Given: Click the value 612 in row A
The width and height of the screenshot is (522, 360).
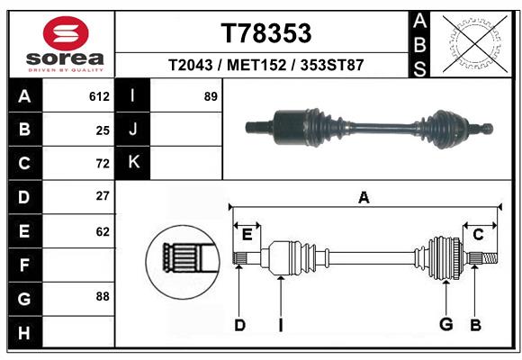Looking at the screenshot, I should pyautogui.click(x=99, y=96).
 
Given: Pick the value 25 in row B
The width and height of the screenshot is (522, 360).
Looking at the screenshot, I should pyautogui.click(x=103, y=130).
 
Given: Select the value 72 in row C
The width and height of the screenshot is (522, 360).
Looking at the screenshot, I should pyautogui.click(x=103, y=163).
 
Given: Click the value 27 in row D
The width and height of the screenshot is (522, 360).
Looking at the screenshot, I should pyautogui.click(x=103, y=195).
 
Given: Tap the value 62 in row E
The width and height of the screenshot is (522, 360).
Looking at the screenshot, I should pyautogui.click(x=103, y=231).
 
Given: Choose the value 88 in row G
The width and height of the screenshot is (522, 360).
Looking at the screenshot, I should pyautogui.click(x=103, y=295).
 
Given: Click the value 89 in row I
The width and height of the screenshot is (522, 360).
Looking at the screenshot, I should pyautogui.click(x=211, y=96).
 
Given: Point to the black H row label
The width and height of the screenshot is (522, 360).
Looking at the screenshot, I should pyautogui.click(x=24, y=334).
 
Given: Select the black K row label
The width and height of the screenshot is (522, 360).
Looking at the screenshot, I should pyautogui.click(x=133, y=162).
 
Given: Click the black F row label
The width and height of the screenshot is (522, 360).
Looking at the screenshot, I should pyautogui.click(x=24, y=265).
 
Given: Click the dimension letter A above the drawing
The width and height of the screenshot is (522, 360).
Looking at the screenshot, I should pyautogui.click(x=364, y=197).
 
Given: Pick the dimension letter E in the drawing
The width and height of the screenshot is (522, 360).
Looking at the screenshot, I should pyautogui.click(x=247, y=234).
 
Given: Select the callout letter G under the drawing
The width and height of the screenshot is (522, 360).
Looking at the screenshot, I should pyautogui.click(x=445, y=324).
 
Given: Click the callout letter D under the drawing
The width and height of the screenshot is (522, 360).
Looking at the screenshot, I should pyautogui.click(x=239, y=324).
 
